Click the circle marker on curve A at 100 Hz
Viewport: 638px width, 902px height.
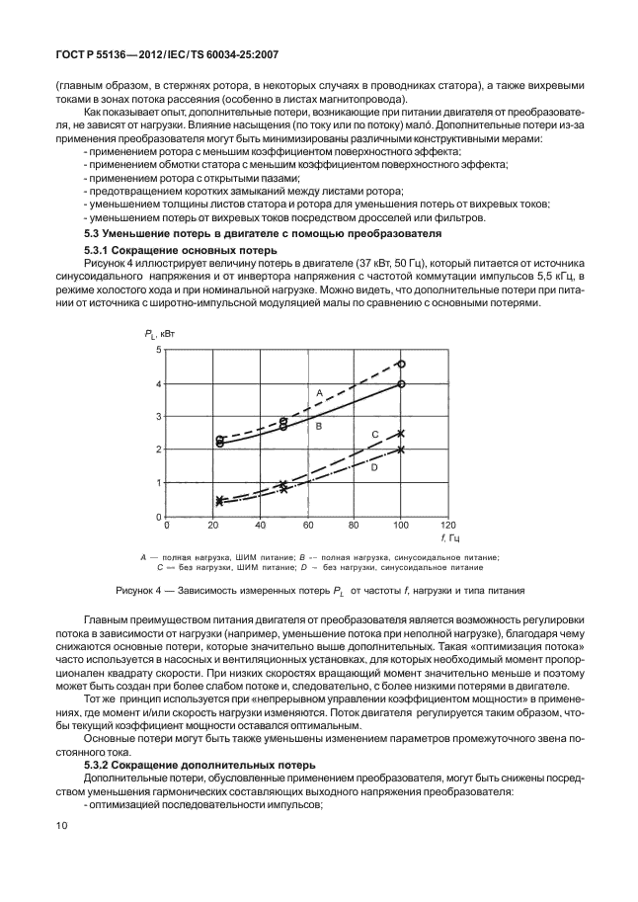(x=401, y=364)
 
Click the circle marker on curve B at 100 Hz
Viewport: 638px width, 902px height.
(x=401, y=384)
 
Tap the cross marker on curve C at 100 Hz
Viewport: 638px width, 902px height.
(x=401, y=433)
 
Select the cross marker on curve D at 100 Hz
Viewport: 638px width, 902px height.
(x=401, y=450)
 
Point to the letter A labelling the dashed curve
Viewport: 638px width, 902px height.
(x=320, y=393)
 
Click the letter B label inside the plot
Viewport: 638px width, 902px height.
(x=319, y=425)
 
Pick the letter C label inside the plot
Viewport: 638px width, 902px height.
(x=375, y=435)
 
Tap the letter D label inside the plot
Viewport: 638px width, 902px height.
(x=374, y=467)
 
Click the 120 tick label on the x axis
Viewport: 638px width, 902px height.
(x=447, y=526)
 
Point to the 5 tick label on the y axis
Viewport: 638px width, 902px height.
(x=158, y=351)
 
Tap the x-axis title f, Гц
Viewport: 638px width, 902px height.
(x=450, y=539)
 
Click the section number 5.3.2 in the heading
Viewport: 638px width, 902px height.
(x=102, y=766)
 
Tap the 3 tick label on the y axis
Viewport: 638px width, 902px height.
(x=158, y=417)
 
